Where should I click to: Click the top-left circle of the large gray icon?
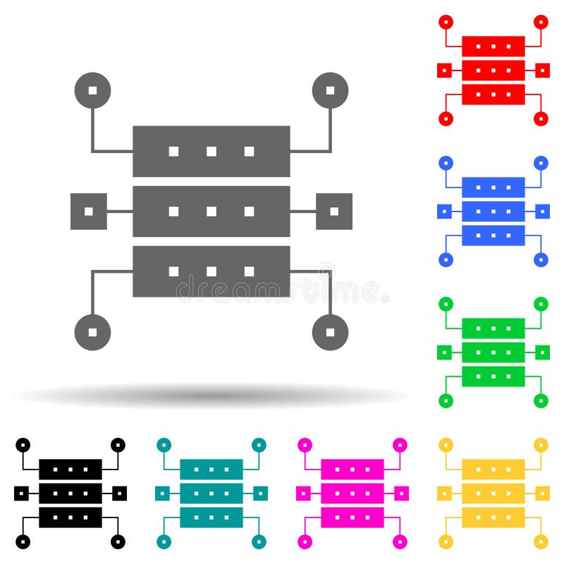92,90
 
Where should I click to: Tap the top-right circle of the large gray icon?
330,90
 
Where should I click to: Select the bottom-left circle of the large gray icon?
92,331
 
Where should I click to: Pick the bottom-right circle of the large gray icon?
330,331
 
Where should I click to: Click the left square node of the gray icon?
89,211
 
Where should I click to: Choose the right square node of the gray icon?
334,211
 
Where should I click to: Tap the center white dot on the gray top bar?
211,151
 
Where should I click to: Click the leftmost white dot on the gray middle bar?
173,211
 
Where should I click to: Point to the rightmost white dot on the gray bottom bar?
249,271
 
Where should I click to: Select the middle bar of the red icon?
493,70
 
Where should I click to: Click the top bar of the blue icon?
493,188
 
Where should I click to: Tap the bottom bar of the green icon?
493,376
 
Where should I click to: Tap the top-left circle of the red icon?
446,22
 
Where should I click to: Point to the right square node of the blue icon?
542,211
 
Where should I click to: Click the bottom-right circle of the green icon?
541,400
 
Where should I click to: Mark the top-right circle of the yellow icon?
541,445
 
